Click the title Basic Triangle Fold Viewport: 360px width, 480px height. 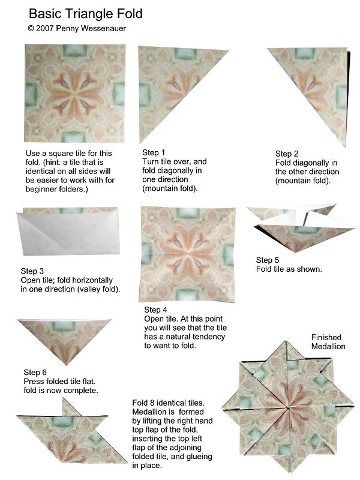coord(86,13)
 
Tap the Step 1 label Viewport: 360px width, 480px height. coord(154,153)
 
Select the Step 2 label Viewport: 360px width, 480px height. coord(287,154)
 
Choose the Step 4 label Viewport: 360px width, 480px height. coord(156,310)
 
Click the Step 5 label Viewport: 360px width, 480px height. coord(268,260)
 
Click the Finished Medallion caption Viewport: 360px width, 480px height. coord(328,342)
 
